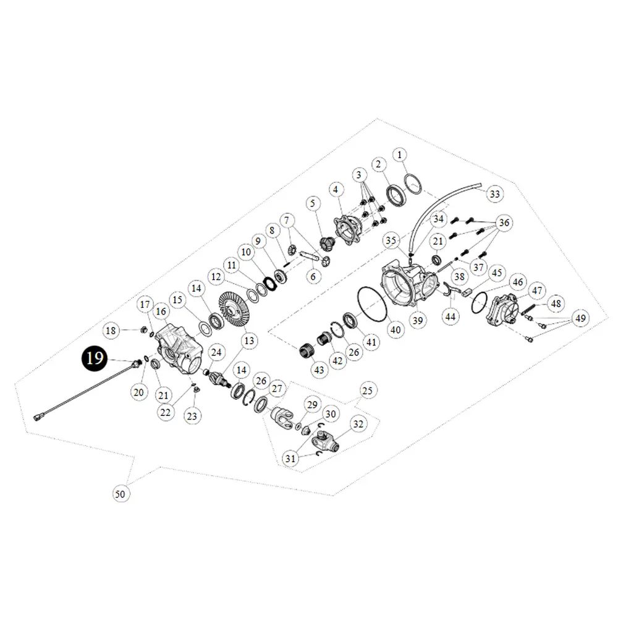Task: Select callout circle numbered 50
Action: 120,493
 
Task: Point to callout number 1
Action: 400,154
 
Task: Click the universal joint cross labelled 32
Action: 326,442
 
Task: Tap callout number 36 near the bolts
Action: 504,222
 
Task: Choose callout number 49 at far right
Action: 579,318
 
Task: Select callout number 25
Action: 368,391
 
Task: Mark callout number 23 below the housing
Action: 192,416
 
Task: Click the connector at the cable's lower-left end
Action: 38,417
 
